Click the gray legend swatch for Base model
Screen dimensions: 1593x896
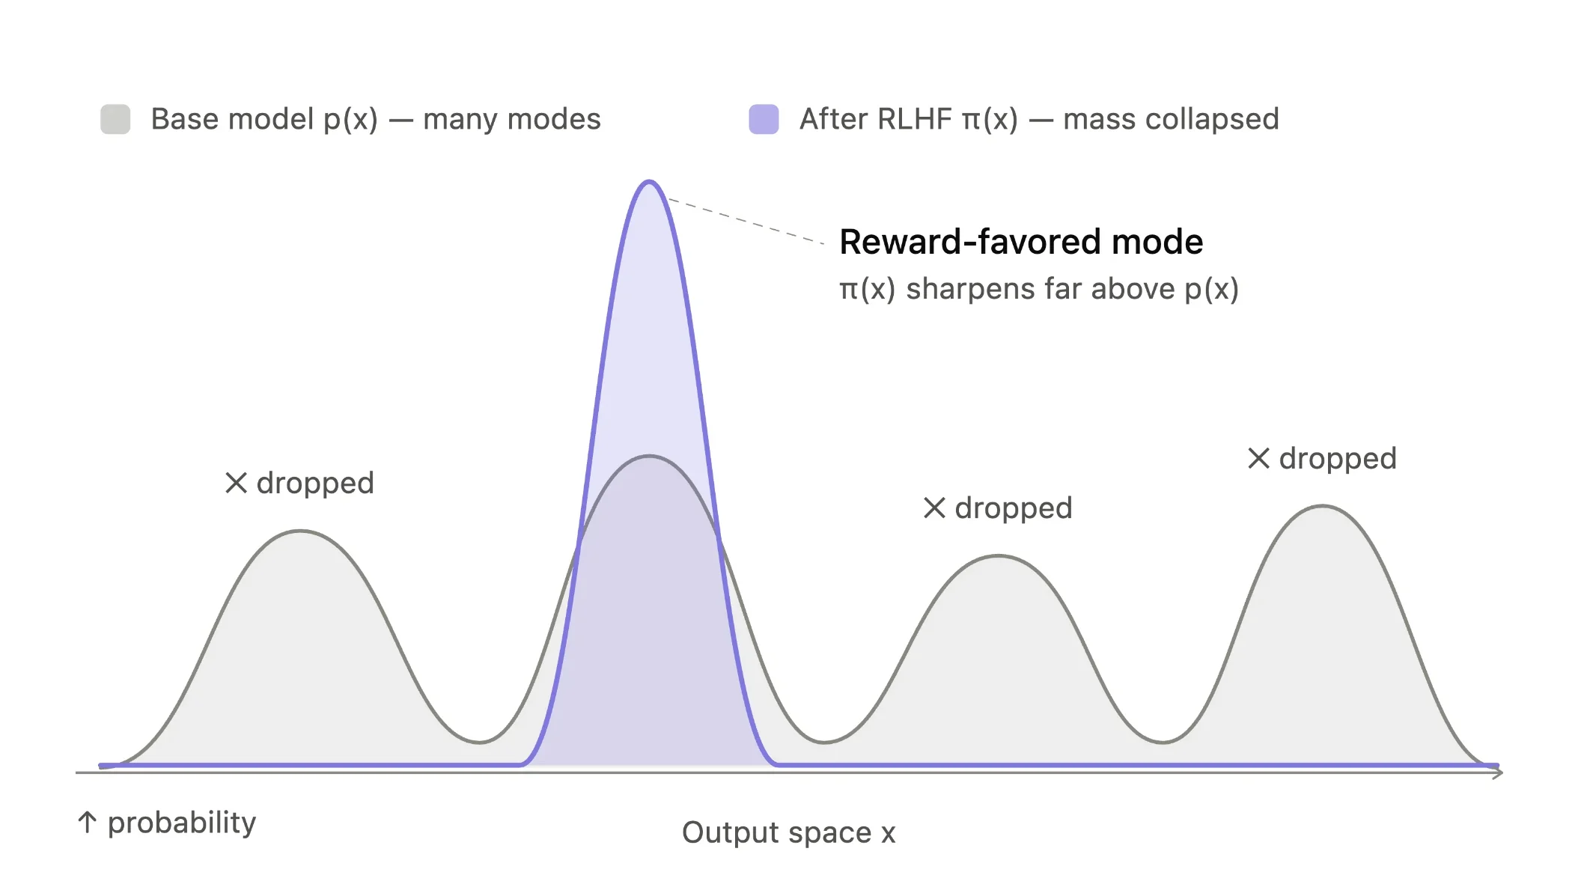pyautogui.click(x=115, y=119)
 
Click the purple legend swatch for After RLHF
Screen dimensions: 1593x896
pyautogui.click(x=764, y=119)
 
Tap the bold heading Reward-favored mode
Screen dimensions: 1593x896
pyautogui.click(x=1021, y=242)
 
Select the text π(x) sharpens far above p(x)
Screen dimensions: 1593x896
pyautogui.click(x=1039, y=289)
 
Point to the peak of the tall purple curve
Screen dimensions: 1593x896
pyautogui.click(x=649, y=182)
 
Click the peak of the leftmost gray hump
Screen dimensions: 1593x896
pyautogui.click(x=300, y=531)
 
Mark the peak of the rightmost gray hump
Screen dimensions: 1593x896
pyautogui.click(x=1323, y=507)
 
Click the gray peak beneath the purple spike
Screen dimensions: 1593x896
pyautogui.click(x=649, y=456)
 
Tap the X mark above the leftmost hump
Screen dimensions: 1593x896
pyautogui.click(x=236, y=483)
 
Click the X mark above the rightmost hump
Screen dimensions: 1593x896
pyautogui.click(x=1258, y=458)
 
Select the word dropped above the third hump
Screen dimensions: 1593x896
pyautogui.click(x=1014, y=509)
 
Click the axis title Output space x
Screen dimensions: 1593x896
pyautogui.click(x=788, y=832)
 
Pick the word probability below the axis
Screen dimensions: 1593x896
pyautogui.click(x=182, y=823)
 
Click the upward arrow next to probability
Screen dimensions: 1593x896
pyautogui.click(x=88, y=822)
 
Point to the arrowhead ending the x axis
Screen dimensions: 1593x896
pyautogui.click(x=1498, y=772)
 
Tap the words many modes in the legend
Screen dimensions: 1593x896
pyautogui.click(x=512, y=120)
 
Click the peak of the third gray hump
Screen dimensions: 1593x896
pyautogui.click(x=999, y=556)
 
